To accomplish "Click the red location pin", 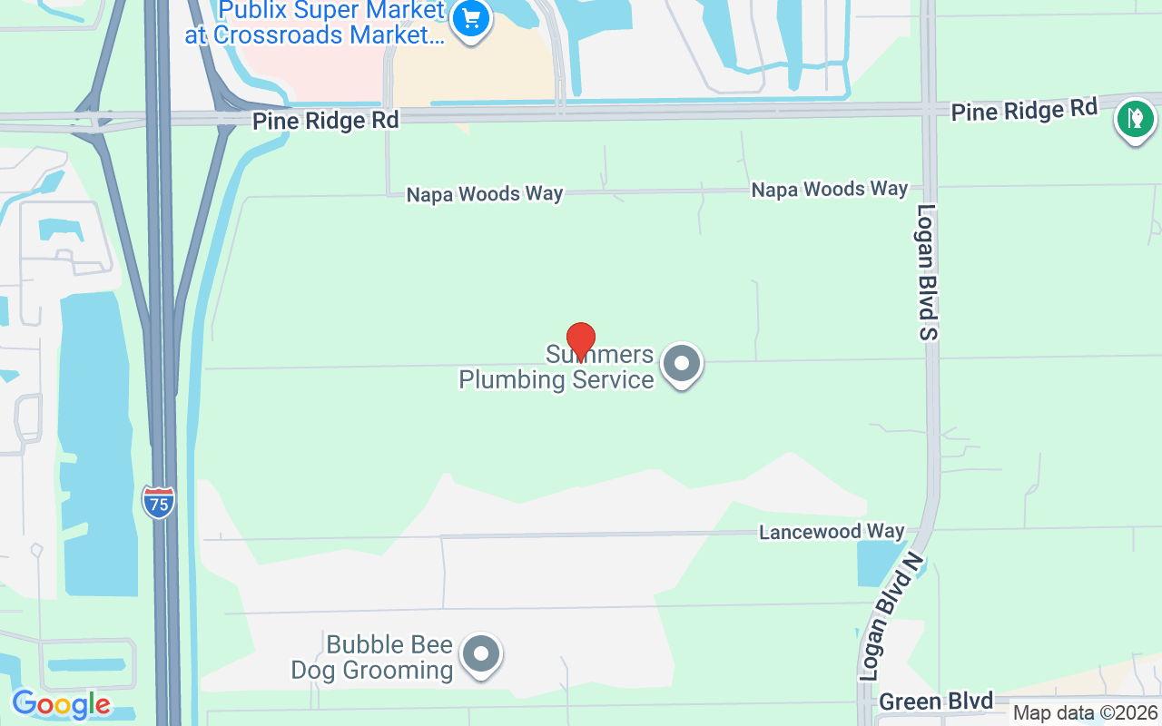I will [x=580, y=341].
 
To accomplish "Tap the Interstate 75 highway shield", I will [x=158, y=502].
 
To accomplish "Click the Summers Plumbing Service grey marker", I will [x=682, y=365].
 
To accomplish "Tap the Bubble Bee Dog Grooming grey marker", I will [x=481, y=653].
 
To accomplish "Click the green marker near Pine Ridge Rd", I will [x=1134, y=118].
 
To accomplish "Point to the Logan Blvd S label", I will [x=926, y=272].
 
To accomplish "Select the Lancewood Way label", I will [x=832, y=532].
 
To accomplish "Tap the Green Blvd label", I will [x=936, y=701].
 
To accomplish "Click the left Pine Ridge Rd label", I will [x=326, y=121].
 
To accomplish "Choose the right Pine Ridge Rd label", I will [x=1024, y=110].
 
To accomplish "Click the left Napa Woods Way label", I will [x=484, y=194].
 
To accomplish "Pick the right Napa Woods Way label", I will [x=829, y=189].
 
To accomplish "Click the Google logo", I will [x=61, y=704].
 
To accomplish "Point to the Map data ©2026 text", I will [x=1085, y=713].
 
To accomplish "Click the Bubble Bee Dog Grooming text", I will [x=372, y=658].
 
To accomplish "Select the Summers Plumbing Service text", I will [x=556, y=368].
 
